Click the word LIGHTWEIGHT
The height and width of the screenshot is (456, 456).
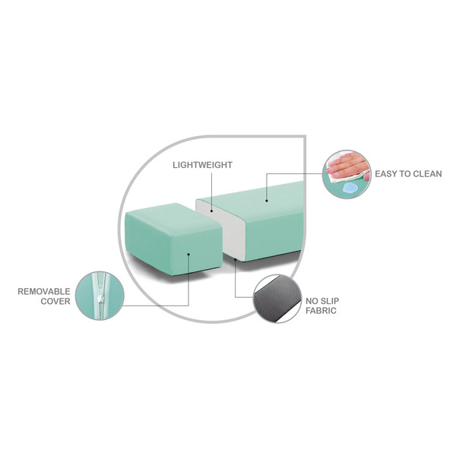click(202, 165)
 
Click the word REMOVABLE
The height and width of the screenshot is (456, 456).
click(44, 291)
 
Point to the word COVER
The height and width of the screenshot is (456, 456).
click(55, 301)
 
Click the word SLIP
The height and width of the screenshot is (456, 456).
click(330, 301)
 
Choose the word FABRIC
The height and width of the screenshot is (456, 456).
click(321, 311)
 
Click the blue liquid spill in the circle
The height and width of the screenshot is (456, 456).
click(349, 188)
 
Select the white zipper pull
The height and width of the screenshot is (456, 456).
click(100, 299)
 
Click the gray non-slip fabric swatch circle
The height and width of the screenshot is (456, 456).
click(277, 299)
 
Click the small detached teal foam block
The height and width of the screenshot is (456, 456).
click(173, 239)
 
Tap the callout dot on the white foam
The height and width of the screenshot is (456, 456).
click(212, 211)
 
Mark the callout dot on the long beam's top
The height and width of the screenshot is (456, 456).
click(267, 201)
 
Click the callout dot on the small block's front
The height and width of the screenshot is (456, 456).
click(188, 255)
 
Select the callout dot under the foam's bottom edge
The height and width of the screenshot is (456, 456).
click(235, 259)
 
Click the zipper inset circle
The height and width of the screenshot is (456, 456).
click(100, 296)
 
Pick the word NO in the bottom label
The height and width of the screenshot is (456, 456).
click(312, 301)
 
